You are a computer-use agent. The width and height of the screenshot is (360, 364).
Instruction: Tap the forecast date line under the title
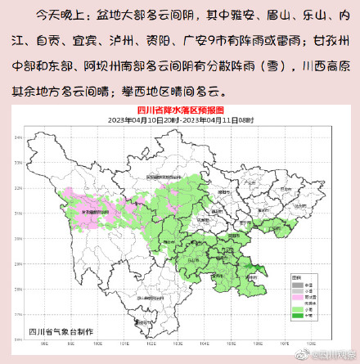click(179, 119)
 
